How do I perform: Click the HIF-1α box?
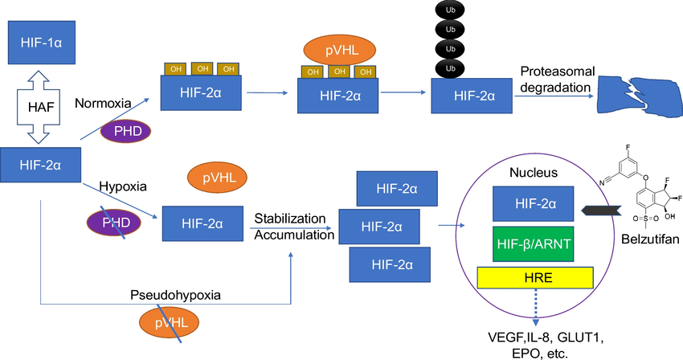click(44, 43)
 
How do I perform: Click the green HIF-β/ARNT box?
click(534, 240)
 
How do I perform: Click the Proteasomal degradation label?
click(555, 79)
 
